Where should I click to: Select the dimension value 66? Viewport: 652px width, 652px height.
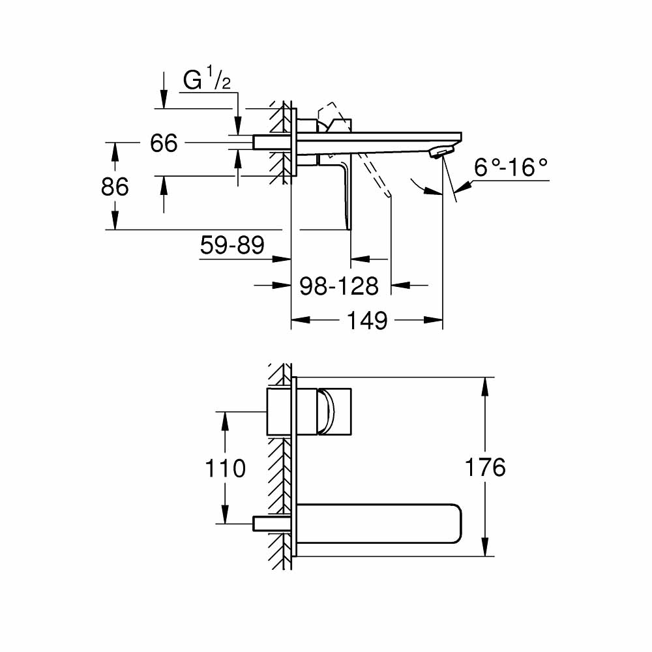(x=164, y=143)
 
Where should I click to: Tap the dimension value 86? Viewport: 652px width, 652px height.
(x=115, y=187)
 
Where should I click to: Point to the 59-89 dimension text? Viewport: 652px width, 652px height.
(x=232, y=246)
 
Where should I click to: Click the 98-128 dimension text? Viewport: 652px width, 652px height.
(x=338, y=286)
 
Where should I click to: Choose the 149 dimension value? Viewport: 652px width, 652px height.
(x=368, y=321)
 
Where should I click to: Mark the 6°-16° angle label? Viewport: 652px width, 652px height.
(x=511, y=168)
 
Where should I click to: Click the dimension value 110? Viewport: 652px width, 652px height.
(x=225, y=468)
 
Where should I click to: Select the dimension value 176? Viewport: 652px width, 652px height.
(x=484, y=467)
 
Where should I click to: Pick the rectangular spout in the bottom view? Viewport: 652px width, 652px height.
(x=381, y=523)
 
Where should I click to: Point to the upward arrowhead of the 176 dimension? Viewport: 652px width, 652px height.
(x=484, y=385)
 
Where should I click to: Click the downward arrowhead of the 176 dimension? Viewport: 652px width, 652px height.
(x=484, y=549)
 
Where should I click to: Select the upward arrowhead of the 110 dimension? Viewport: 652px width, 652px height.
(x=225, y=419)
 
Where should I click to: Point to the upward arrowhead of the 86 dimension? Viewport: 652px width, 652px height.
(x=115, y=151)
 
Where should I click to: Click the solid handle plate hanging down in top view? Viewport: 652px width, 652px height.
(x=346, y=196)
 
